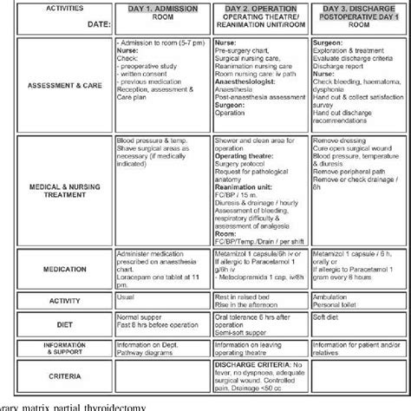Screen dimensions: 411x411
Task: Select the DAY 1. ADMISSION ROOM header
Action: tap(162, 16)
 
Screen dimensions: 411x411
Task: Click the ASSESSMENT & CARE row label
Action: tap(57, 86)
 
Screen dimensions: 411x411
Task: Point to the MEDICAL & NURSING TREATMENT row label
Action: tap(57, 194)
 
